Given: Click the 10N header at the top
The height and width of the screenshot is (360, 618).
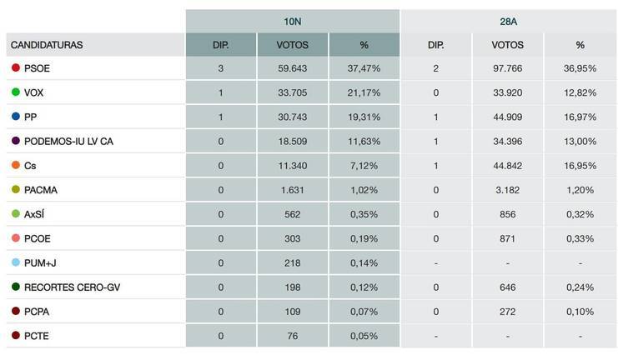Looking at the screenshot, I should tap(292, 20).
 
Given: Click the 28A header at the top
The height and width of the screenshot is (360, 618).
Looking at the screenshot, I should tap(509, 20).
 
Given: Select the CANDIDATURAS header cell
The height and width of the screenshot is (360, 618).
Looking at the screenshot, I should tap(48, 45).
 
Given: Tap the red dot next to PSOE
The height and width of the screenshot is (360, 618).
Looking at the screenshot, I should tap(16, 69).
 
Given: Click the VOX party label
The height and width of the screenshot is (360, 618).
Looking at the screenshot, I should tap(35, 93).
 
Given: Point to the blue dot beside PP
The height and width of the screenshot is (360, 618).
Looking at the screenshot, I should tap(16, 117).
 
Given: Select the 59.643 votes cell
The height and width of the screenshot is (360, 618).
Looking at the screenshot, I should tap(292, 69).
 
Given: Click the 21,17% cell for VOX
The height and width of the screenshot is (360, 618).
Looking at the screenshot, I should tap(364, 93).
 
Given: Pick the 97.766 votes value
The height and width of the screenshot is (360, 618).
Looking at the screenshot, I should tap(508, 69).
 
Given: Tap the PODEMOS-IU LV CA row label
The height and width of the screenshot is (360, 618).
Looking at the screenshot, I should tap(68, 142).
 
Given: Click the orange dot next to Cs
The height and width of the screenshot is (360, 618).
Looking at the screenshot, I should tap(16, 166).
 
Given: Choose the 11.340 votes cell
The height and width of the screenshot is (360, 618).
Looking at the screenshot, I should tap(292, 166).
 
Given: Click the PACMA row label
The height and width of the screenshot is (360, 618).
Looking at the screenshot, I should tap(41, 190).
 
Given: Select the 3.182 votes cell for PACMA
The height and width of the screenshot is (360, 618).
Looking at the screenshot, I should tap(508, 190).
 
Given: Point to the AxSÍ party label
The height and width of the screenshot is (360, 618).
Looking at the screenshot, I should tap(37, 214).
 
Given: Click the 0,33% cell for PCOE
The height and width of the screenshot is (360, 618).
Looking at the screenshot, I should tap(580, 238).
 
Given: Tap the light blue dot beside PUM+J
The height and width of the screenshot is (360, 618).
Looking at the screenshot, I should tap(16, 262).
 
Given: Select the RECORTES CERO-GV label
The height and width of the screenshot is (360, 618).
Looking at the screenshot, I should tap(66, 287).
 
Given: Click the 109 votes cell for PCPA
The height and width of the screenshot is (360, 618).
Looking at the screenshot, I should tap(292, 312).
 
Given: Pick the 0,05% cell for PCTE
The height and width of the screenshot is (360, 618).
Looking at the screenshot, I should tap(364, 336).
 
